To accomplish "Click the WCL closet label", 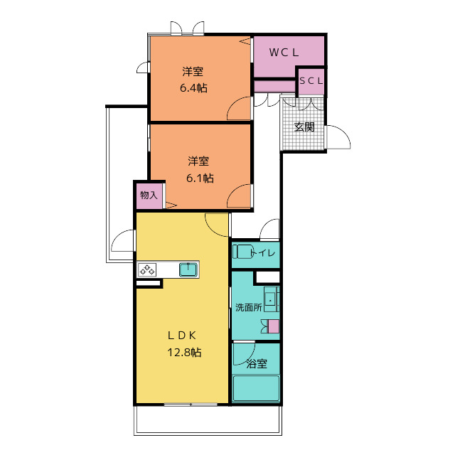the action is [x=284, y=53].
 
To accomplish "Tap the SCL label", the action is [x=311, y=81].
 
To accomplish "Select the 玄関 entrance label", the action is [x=304, y=127].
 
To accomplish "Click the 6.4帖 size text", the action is [x=193, y=87].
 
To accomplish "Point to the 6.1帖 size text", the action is [x=200, y=178].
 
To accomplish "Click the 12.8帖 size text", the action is [x=184, y=353].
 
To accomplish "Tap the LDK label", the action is [x=182, y=336].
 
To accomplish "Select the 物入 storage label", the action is [x=149, y=196].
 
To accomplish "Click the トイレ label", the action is [x=264, y=253].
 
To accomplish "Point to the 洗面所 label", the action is [x=249, y=307].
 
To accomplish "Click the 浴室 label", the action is [x=257, y=363].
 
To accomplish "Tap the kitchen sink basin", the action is [x=188, y=270].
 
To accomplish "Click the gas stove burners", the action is [x=147, y=270].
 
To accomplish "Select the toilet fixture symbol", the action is [x=242, y=252].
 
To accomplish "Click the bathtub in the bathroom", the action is [x=257, y=388].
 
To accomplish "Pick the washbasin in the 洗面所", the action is [x=272, y=299].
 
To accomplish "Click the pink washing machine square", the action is [x=273, y=326].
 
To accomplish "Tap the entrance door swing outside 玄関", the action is [x=338, y=137].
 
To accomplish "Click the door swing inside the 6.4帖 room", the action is [x=239, y=108].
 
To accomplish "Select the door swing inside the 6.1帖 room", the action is [x=239, y=196].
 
